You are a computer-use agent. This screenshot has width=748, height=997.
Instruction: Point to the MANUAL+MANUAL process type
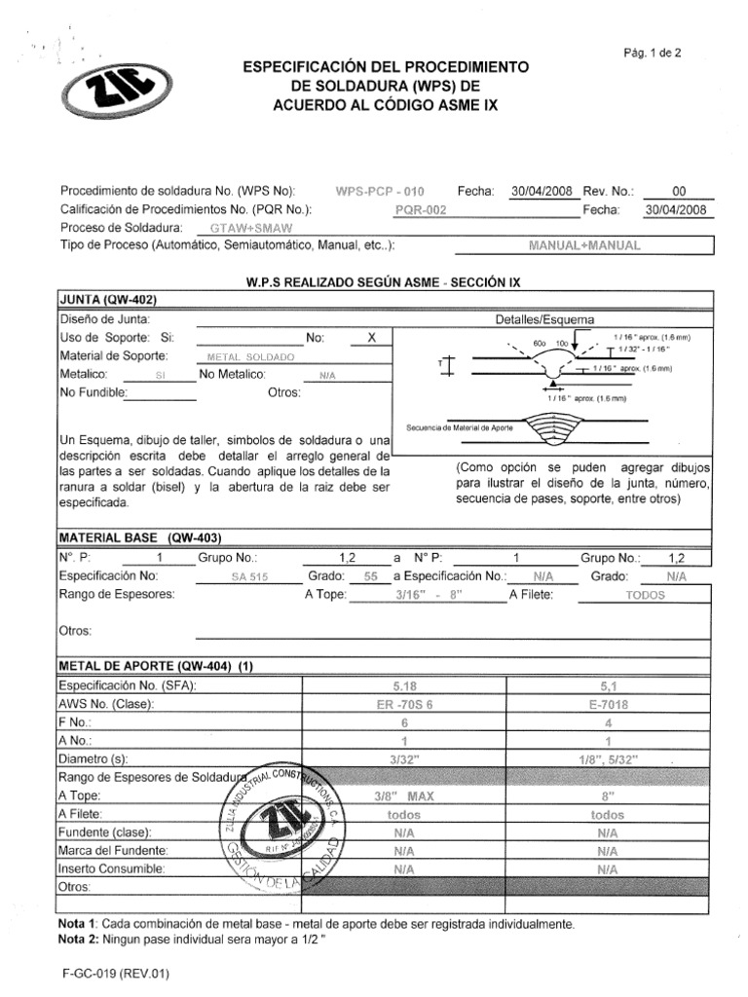pos(583,245)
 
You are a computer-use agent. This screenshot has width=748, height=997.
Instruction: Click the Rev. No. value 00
pos(679,191)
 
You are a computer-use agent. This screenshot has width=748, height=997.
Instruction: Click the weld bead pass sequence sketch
pos(551,426)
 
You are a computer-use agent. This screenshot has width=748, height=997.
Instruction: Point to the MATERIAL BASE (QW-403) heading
pos(141,537)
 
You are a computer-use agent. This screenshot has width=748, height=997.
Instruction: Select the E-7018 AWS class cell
pos(607,704)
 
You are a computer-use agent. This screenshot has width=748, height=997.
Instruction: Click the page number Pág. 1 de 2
pos(652,54)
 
